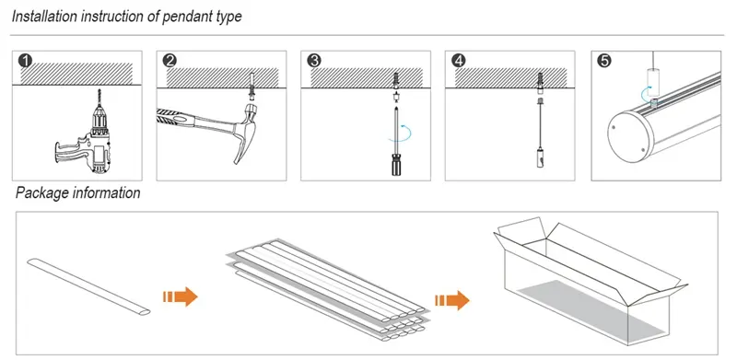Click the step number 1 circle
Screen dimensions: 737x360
tap(26, 62)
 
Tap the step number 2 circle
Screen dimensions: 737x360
tap(170, 62)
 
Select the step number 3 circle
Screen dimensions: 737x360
tap(313, 62)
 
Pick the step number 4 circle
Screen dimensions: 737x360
tap(458, 62)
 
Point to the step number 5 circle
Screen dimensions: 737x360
tap(603, 62)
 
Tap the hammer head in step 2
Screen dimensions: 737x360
tap(248, 132)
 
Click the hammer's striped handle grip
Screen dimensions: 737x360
tap(175, 118)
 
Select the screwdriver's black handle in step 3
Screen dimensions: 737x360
tap(396, 165)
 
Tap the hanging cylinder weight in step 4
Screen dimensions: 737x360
tap(540, 157)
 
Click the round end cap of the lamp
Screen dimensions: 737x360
tap(630, 136)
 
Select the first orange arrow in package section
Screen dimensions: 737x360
tap(180, 296)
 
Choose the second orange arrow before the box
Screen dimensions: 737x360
tap(451, 300)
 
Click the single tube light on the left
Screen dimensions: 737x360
tap(88, 286)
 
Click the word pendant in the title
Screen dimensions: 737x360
tap(181, 17)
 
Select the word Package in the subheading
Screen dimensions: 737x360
tap(41, 192)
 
